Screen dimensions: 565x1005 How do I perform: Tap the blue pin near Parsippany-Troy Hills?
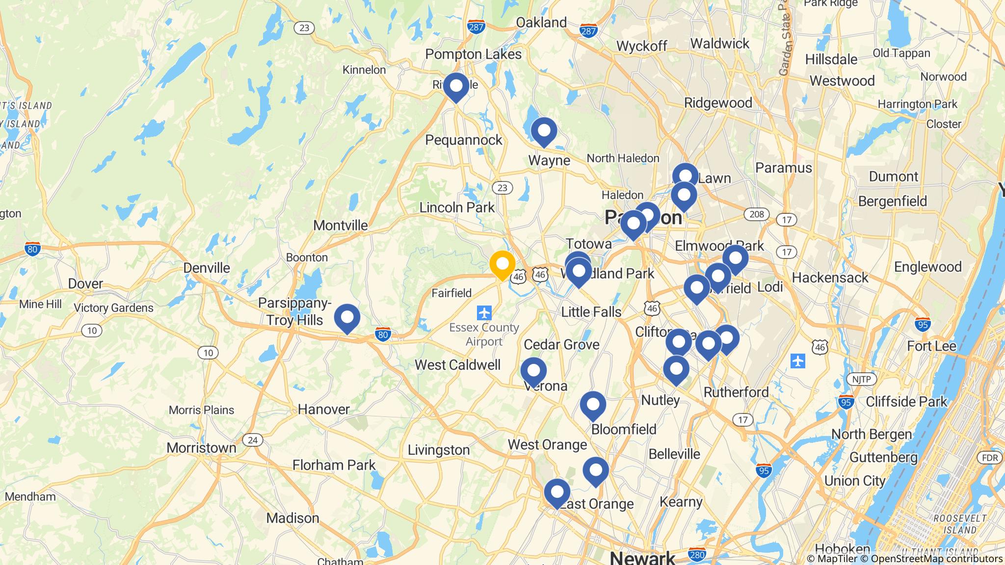[x=347, y=318]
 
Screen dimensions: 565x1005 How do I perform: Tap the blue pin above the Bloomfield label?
[x=593, y=406]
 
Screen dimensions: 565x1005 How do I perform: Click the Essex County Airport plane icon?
[x=484, y=312]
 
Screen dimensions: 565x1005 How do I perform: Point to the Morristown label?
[x=201, y=448]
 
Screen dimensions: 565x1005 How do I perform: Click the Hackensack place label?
[x=830, y=278]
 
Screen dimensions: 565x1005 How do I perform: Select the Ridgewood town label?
[x=718, y=103]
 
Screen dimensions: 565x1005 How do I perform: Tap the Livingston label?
[x=439, y=450]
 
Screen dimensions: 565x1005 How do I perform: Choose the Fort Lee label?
[x=931, y=346]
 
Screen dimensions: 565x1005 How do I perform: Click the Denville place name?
[x=206, y=268]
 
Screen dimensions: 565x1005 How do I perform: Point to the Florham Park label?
[x=334, y=465]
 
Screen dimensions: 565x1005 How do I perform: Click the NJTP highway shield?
[x=861, y=379]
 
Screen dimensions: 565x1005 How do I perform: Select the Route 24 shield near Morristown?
[x=252, y=440]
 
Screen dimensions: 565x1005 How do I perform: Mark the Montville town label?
[x=341, y=226]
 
